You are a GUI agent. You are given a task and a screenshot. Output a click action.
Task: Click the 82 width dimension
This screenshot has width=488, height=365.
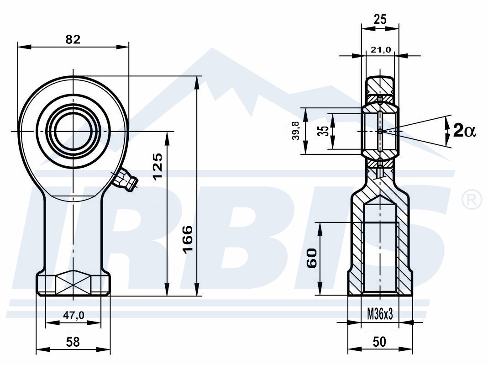click(73, 40)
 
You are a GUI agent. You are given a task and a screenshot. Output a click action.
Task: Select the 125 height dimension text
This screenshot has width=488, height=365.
click(158, 166)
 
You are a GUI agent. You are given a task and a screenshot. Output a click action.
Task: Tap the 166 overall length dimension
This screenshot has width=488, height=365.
click(188, 239)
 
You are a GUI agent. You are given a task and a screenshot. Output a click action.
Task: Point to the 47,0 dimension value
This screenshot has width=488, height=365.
click(73, 316)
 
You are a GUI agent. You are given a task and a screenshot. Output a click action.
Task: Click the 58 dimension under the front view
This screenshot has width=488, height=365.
click(73, 342)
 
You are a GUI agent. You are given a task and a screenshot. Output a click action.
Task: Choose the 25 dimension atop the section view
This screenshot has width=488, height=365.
click(380, 20)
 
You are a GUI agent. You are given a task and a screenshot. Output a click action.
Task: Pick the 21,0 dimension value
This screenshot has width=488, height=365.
click(380, 49)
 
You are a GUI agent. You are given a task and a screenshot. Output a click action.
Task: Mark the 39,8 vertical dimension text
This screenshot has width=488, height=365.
click(296, 131)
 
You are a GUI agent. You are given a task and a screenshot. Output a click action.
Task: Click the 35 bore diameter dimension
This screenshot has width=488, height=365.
click(324, 131)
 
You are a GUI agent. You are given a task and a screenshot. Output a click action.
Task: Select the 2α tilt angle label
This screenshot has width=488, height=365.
click(464, 131)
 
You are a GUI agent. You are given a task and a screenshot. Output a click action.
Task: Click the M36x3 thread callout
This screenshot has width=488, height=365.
click(380, 314)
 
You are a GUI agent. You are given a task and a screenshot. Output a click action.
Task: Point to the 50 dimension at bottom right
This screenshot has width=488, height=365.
click(379, 342)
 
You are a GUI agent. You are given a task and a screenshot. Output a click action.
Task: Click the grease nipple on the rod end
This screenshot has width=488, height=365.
click(125, 180)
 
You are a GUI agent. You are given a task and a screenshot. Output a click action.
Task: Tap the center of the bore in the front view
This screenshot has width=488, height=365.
click(73, 131)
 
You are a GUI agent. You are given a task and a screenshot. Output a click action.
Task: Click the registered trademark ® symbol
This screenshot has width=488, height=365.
click(472, 200)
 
